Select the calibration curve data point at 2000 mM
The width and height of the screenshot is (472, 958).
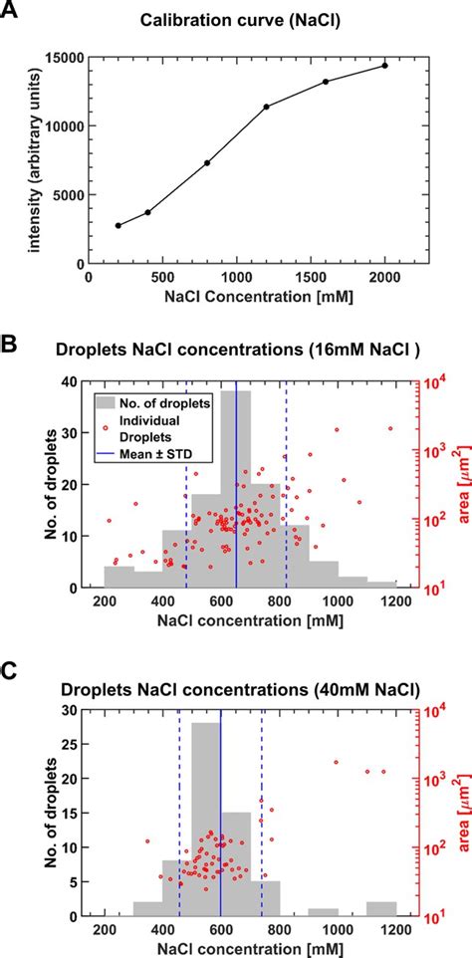coord(384,66)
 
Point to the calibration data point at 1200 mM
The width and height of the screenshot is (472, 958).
coord(266,107)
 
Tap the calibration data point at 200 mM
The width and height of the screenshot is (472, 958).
coord(118,226)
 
